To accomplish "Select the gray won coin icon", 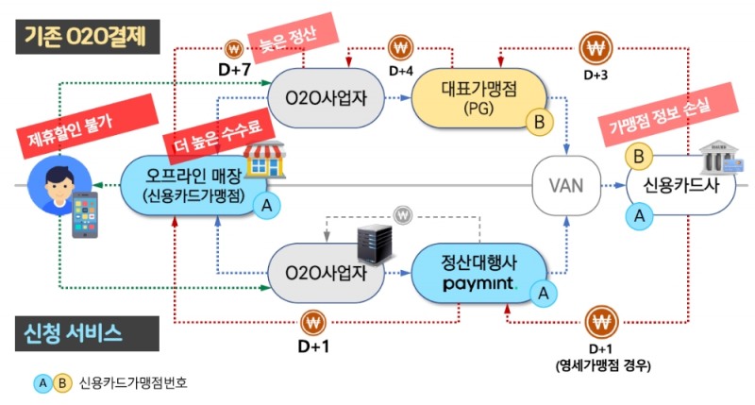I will pos(403,216).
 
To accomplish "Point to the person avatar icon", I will pos(48,176).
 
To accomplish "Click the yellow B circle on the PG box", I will pos(540,121).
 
